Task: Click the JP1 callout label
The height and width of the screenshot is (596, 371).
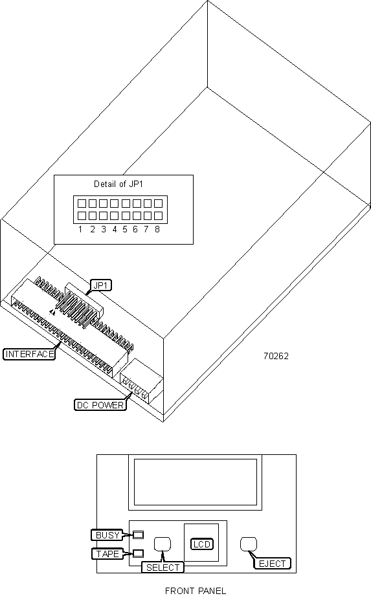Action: click(101, 285)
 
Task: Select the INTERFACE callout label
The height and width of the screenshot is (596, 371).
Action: click(29, 354)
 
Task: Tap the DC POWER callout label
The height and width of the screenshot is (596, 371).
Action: click(100, 405)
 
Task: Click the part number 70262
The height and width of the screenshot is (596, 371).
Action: click(276, 356)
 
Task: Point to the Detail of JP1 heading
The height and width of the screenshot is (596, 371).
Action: click(118, 184)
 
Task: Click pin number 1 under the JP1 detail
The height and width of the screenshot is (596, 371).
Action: click(80, 229)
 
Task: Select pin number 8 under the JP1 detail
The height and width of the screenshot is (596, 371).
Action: click(157, 229)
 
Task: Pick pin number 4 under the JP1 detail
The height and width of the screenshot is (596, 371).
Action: click(114, 229)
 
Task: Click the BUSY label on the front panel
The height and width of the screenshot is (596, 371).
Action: click(107, 535)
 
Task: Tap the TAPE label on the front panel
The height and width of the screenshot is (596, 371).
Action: click(107, 554)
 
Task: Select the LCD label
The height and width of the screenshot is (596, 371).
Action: click(202, 544)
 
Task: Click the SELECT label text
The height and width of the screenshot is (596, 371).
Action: click(163, 568)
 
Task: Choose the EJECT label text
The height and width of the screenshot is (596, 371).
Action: click(272, 564)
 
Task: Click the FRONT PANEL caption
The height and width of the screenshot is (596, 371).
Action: click(196, 591)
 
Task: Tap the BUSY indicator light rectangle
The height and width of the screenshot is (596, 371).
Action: click(138, 535)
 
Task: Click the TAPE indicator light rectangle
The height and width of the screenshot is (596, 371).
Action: click(138, 553)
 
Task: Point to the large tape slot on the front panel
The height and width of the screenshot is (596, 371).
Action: click(196, 482)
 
